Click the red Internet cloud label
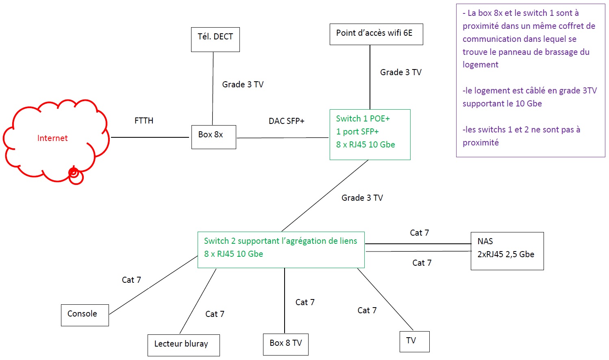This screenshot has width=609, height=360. pyautogui.click(x=52, y=138)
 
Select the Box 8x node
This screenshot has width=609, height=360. pyautogui.click(x=213, y=137)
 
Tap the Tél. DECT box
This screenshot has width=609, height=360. pyautogui.click(x=215, y=39)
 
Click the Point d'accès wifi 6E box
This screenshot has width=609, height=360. pyautogui.click(x=376, y=34)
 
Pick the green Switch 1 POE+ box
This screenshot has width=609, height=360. pyautogui.click(x=370, y=134)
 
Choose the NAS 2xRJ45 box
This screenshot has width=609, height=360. pyautogui.click(x=507, y=251)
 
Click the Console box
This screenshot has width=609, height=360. pyautogui.click(x=85, y=315)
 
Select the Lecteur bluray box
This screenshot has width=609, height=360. pyautogui.click(x=183, y=345)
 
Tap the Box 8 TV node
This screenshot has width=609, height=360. pyautogui.click(x=285, y=344)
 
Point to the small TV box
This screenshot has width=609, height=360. pyautogui.click(x=414, y=341)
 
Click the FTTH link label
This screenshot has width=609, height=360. pyautogui.click(x=144, y=121)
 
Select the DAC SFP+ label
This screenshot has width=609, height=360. pyautogui.click(x=286, y=121)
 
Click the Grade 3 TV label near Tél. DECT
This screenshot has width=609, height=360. pyautogui.click(x=243, y=85)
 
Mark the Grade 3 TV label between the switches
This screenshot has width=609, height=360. pyautogui.click(x=362, y=198)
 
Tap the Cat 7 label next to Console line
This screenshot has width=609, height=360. pyautogui.click(x=131, y=280)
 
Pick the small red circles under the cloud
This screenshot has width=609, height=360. pyautogui.click(x=75, y=175)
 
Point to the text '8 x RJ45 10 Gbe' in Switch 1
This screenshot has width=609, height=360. pyautogui.click(x=365, y=145)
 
